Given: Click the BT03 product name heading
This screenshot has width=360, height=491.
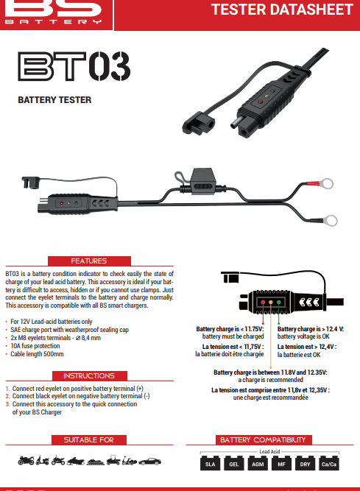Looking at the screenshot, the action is click(74, 66).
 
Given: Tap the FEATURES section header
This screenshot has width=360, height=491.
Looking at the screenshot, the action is click(89, 261).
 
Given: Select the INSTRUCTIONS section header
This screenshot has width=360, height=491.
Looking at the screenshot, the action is click(90, 375).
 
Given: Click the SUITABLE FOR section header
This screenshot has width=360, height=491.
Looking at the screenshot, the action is click(89, 440).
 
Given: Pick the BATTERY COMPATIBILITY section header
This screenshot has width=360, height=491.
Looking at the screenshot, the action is click(264, 440).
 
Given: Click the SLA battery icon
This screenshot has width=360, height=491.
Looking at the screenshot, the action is click(210, 463).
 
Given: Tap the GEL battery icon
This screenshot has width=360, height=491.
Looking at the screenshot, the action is click(234, 463).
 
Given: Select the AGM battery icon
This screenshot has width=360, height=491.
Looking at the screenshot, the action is click(258, 463).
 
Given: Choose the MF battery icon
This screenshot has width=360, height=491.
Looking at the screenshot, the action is click(281, 463).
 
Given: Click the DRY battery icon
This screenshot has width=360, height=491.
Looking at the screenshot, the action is click(306, 463).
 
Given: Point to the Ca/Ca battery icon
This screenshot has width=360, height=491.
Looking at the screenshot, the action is click(329, 463).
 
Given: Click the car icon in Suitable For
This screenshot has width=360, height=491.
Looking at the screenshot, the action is click(150, 462).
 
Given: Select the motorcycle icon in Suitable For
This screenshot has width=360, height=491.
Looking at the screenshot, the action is click(26, 460).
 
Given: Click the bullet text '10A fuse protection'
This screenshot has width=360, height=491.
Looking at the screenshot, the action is click(35, 346).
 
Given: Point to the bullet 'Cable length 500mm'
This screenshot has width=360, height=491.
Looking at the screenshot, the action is click(37, 354).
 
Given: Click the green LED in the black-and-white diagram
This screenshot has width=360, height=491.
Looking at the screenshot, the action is click(278, 302).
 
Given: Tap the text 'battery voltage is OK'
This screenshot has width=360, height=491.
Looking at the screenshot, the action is click(303, 336).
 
